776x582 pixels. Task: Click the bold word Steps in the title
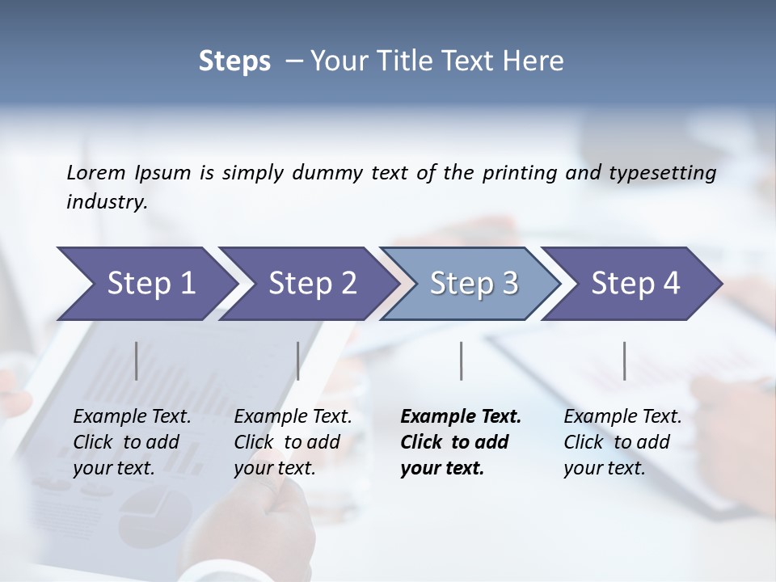coord(234,61)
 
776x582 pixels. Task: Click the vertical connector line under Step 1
coord(137,361)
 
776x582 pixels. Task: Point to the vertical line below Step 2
coord(298,361)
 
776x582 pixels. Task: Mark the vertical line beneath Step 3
coord(461,361)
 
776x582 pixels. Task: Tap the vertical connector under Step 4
coord(624,361)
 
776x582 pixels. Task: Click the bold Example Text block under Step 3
coord(461,442)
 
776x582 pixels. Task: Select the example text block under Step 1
coord(132,442)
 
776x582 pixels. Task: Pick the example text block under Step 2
coord(293,442)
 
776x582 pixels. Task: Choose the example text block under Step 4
coord(622,442)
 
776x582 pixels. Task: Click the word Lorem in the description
coord(96,173)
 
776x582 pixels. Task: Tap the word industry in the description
coord(107,202)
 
